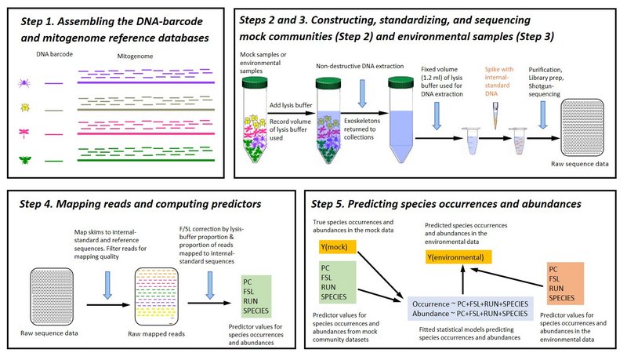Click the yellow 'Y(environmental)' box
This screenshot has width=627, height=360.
tap(462, 256)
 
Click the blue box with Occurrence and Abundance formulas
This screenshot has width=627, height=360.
tap(469, 306)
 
